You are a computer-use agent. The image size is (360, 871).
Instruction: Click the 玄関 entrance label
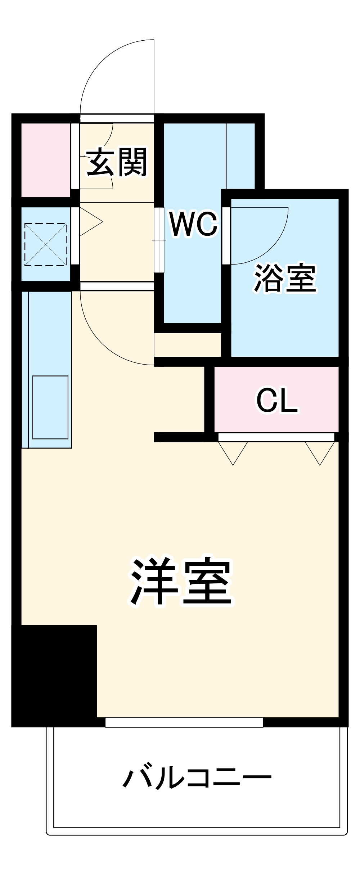[x=117, y=162]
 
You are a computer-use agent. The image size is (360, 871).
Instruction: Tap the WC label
[x=193, y=224]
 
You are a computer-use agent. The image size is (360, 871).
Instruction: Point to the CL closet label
[x=277, y=400]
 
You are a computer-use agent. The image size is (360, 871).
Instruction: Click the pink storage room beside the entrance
[x=46, y=160]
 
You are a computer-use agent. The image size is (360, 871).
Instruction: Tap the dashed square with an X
[x=46, y=244]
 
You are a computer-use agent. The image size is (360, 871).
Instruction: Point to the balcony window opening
[x=184, y=722]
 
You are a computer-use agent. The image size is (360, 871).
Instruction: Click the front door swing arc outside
[x=104, y=68]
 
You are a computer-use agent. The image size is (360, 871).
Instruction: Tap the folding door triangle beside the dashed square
[x=91, y=222]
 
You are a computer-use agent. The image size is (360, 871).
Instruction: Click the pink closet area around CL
[x=245, y=418]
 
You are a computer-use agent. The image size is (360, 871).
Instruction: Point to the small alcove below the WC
[x=187, y=345]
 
